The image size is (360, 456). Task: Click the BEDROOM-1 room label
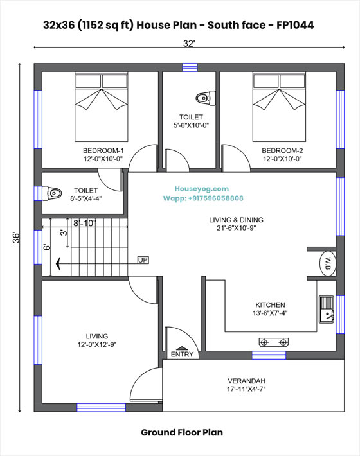pos(104,151)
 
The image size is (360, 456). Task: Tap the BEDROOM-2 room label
pos(282,151)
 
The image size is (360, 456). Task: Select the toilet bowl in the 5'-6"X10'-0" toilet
pos(206,98)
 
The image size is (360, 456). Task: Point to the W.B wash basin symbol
pos(328,263)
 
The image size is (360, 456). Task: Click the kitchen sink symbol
pos(327,310)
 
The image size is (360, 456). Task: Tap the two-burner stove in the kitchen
pos(274,342)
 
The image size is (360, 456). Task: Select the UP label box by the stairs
pos(143,260)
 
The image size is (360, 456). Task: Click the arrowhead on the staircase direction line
pos(58,264)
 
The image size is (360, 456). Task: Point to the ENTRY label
pos(182,355)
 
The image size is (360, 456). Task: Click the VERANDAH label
pos(246,381)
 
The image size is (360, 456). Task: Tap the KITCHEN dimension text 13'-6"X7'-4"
pos(270,313)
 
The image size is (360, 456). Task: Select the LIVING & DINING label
pos(236,220)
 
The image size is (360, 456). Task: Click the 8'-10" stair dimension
pos(85,224)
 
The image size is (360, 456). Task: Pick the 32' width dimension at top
pos(189,44)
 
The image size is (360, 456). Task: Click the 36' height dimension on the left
pos(16,238)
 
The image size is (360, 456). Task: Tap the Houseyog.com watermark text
pos(202,189)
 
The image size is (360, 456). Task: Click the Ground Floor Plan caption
pos(182,432)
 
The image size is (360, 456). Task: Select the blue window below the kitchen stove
pos(269,355)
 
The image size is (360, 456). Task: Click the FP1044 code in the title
pos(295,25)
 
